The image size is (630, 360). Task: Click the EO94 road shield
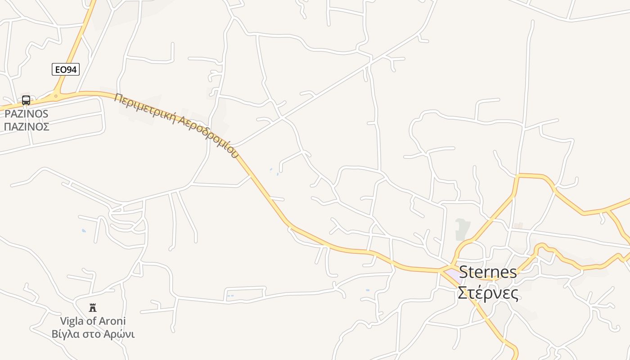[65, 69]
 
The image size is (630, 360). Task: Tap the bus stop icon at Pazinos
[26, 100]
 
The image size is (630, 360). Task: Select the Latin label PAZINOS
[27, 114]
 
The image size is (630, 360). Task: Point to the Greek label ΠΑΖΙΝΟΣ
[27, 126]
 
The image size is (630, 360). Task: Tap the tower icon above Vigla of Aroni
[93, 308]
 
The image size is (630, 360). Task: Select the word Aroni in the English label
[112, 321]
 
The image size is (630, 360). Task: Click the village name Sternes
[488, 272]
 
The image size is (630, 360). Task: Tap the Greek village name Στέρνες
[488, 292]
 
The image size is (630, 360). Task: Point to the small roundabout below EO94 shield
[56, 95]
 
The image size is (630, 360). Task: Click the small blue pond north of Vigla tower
[84, 231]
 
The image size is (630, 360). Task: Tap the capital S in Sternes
[464, 272]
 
